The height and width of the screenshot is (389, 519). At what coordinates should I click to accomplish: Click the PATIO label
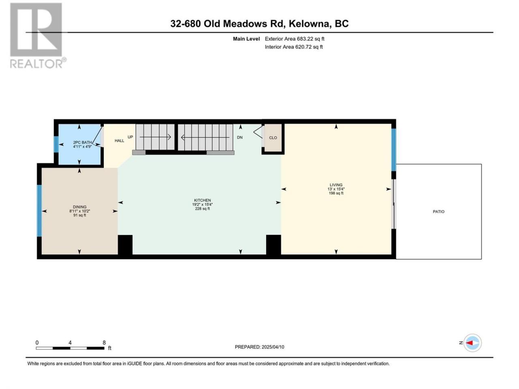(x=438, y=212)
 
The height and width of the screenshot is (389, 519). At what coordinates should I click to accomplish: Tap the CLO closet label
(x=273, y=138)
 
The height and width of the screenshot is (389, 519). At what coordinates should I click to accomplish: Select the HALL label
(x=119, y=141)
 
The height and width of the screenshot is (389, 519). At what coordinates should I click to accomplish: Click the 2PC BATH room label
(x=82, y=142)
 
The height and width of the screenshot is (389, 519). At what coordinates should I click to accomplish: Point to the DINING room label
(x=80, y=207)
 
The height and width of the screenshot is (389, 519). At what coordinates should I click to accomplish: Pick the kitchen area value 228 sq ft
(x=202, y=209)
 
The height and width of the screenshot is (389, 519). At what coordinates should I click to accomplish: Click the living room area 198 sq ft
(x=336, y=193)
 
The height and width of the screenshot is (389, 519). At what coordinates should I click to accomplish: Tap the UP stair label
(x=130, y=137)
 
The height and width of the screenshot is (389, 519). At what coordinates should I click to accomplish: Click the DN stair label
(x=240, y=137)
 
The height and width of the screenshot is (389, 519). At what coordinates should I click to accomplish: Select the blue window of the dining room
(x=39, y=211)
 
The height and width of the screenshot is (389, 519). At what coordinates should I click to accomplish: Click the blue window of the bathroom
(x=56, y=144)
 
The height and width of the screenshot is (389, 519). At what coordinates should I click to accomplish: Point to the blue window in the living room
(x=394, y=150)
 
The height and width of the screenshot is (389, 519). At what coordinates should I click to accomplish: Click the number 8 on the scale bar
(x=104, y=342)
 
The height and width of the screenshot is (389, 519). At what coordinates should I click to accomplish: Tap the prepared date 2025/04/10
(x=273, y=347)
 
